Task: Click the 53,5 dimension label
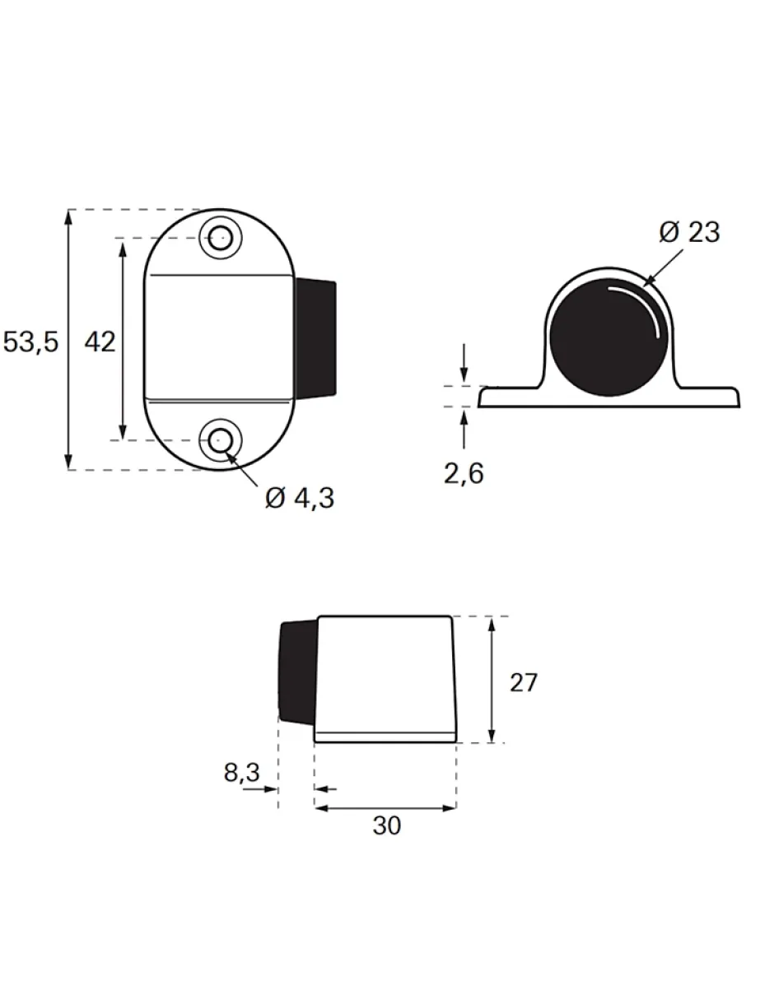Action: [30, 342]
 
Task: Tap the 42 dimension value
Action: [100, 342]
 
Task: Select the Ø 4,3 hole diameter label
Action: [300, 498]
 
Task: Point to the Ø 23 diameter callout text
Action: [689, 233]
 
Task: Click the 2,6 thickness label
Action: [464, 473]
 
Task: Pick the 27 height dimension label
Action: [524, 682]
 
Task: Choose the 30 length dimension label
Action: [387, 825]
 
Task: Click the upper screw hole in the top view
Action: [221, 238]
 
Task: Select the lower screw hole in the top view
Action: [221, 440]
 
